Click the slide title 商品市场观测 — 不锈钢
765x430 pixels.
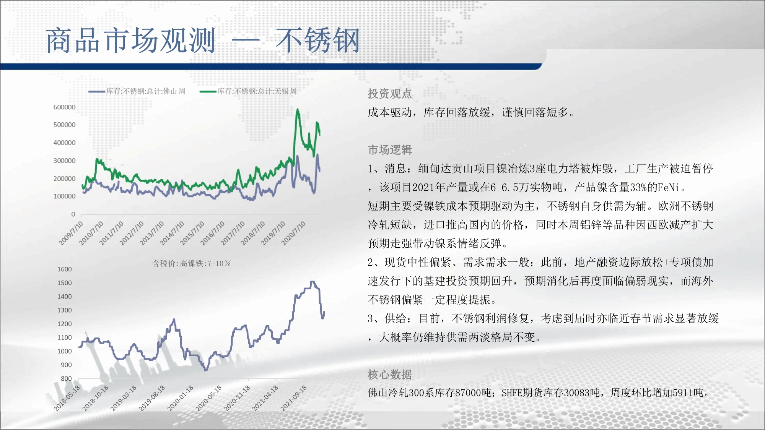click(x=203, y=40)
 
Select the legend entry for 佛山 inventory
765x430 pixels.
click(x=137, y=91)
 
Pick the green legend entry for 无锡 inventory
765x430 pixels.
click(x=248, y=91)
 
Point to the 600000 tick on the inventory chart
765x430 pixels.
click(x=64, y=107)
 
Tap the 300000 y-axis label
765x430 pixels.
click(x=64, y=161)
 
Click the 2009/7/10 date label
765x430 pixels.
click(x=71, y=233)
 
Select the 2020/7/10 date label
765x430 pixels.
click(x=294, y=233)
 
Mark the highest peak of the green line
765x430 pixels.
click(x=298, y=110)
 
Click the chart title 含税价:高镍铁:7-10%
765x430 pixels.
click(x=192, y=263)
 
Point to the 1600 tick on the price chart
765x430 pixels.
click(x=65, y=269)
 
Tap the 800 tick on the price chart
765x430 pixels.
click(x=66, y=379)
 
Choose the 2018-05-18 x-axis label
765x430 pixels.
click(x=67, y=398)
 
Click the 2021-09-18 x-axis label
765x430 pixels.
click(x=294, y=398)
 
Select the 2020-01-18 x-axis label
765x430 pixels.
click(x=181, y=398)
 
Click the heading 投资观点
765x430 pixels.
click(x=390, y=94)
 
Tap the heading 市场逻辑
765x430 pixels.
click(x=390, y=150)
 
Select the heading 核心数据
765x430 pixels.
click(x=390, y=375)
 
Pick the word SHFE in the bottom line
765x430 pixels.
click(x=512, y=393)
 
